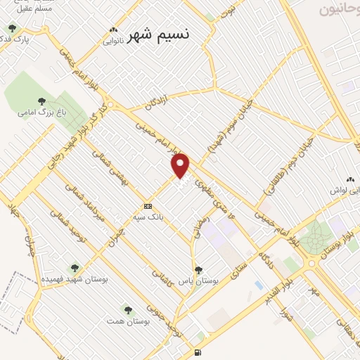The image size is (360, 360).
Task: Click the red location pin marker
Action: (x=181, y=165)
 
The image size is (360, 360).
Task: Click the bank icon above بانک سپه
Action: (x=148, y=206)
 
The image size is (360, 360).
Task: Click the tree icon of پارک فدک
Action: (x=12, y=28)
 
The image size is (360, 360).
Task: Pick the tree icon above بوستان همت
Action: (x=127, y=309)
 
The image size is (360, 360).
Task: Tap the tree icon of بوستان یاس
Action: (x=198, y=269)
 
